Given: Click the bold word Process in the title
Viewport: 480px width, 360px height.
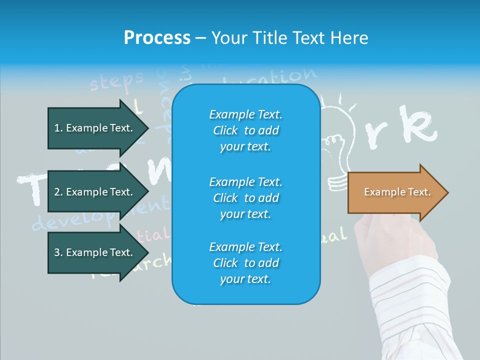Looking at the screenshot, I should (157, 38).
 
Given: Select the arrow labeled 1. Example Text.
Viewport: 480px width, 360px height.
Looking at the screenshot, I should (95, 128).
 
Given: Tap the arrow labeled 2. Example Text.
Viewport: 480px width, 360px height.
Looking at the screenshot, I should (95, 192).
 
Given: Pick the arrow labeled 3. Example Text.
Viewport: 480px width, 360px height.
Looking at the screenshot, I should (95, 252).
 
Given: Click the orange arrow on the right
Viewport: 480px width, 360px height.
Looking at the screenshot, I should (395, 192).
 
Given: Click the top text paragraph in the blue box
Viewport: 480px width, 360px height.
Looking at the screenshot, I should (245, 130).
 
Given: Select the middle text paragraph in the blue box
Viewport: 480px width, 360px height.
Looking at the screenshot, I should (245, 198).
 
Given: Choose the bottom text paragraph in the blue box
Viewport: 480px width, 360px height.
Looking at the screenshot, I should (245, 263).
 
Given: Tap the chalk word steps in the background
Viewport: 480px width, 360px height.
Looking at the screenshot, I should (116, 81).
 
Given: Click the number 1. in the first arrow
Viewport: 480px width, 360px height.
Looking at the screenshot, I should (58, 128).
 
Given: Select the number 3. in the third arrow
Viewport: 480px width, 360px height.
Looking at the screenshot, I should (58, 252).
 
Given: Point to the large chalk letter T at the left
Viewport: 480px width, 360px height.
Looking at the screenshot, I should (30, 190).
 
